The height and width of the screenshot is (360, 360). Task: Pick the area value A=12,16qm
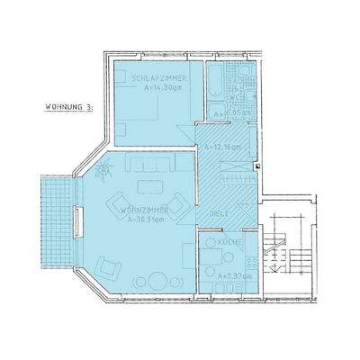pyautogui.click(x=221, y=146)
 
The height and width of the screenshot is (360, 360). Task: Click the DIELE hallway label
pyautogui.click(x=217, y=214)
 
